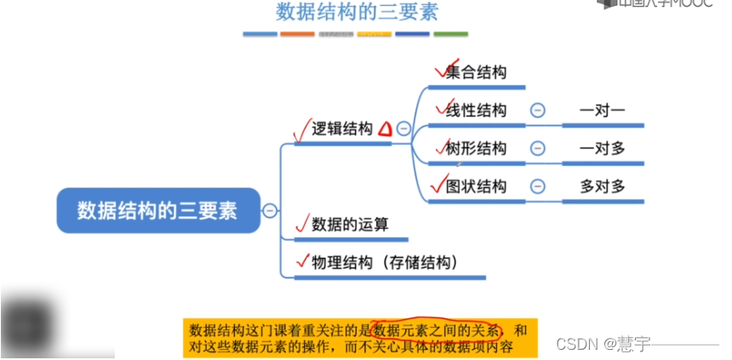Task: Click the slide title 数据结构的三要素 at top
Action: click(x=357, y=12)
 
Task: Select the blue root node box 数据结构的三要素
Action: click(x=157, y=210)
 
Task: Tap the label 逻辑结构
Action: click(x=342, y=129)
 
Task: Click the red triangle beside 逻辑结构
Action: click(x=385, y=129)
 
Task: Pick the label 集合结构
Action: click(x=476, y=72)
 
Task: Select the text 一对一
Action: click(x=602, y=111)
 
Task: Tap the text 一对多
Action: click(x=602, y=148)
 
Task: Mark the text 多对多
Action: click(x=602, y=186)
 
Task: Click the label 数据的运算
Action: click(x=350, y=225)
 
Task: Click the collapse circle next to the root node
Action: click(x=270, y=210)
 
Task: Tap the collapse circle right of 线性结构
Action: click(x=537, y=111)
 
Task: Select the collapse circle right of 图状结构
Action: click(x=537, y=186)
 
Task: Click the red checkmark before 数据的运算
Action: click(x=300, y=224)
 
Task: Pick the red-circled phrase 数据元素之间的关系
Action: click(x=437, y=329)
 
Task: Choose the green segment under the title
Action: click(x=450, y=34)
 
